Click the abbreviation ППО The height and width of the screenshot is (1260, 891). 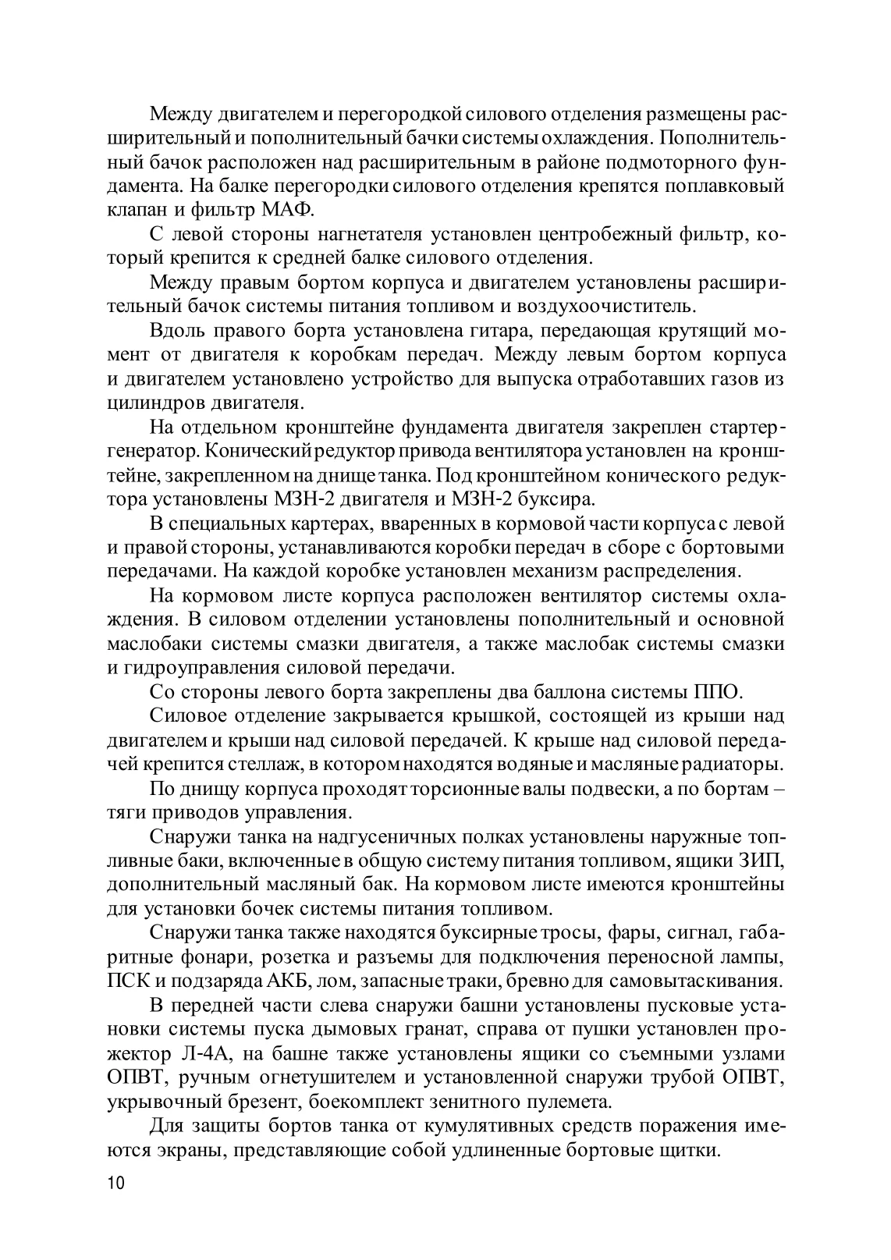717,691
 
